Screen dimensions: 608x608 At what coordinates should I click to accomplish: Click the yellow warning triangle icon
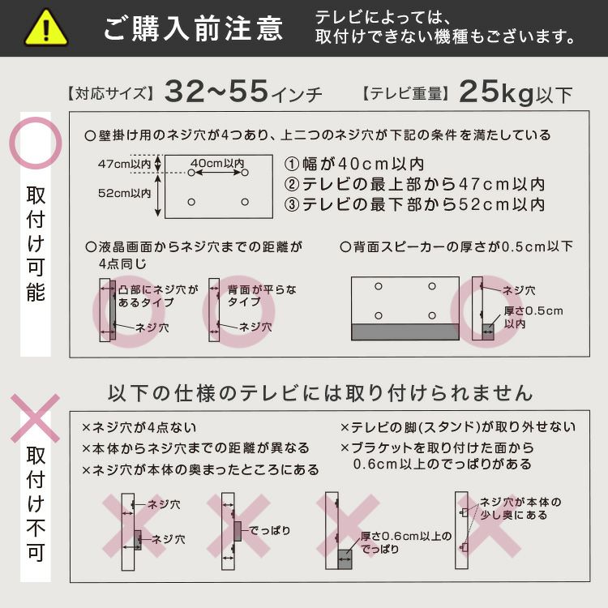point(46,28)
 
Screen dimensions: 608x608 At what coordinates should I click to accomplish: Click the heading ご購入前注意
point(194,28)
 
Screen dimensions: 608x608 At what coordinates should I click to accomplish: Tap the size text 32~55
point(216,92)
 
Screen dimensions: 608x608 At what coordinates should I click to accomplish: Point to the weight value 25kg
point(497,92)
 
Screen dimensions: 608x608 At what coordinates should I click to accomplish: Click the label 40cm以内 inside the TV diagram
point(217,163)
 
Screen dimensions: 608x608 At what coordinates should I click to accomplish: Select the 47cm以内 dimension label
point(125,164)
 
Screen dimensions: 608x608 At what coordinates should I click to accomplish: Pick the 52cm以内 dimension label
point(125,193)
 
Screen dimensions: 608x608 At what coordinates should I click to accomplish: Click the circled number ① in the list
point(292,164)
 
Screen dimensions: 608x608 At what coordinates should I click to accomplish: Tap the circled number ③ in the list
point(292,205)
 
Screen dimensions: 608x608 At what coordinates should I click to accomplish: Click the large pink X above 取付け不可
point(36,418)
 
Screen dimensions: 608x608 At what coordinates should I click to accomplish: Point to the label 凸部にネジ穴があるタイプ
point(158,296)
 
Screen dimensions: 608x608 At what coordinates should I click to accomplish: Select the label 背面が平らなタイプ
point(262,295)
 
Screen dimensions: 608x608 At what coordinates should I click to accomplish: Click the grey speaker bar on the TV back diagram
point(405,332)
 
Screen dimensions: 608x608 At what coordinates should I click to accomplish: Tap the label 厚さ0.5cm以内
point(533,317)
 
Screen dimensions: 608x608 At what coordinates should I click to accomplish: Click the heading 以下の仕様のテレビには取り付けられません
point(320,393)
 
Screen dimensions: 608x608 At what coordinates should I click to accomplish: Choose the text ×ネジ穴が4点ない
point(139,427)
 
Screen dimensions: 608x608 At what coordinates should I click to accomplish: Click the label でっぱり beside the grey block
point(269,530)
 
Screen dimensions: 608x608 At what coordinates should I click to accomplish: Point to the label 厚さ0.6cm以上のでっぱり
point(406,542)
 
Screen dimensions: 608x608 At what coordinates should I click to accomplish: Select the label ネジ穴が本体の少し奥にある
point(520,508)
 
